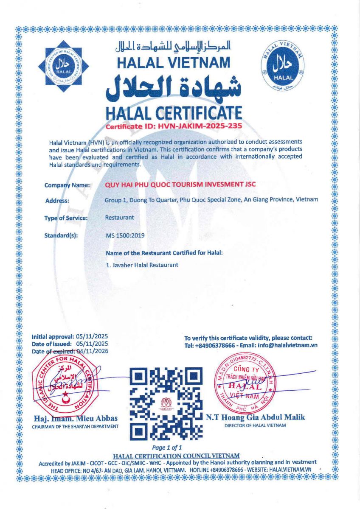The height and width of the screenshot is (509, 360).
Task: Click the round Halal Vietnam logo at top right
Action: (283, 66)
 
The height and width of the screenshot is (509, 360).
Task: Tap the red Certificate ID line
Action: (174, 126)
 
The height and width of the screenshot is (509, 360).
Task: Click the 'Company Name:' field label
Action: (67, 185)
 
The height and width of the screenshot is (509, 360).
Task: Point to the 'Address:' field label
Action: (57, 201)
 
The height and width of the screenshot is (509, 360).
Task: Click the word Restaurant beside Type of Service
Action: (119, 218)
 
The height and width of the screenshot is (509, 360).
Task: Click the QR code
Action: (165, 403)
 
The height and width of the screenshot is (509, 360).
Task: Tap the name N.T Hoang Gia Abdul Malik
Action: (256, 417)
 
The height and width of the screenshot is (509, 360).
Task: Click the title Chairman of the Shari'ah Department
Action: (75, 426)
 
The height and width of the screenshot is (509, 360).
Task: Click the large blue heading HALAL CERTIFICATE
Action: (174, 113)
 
